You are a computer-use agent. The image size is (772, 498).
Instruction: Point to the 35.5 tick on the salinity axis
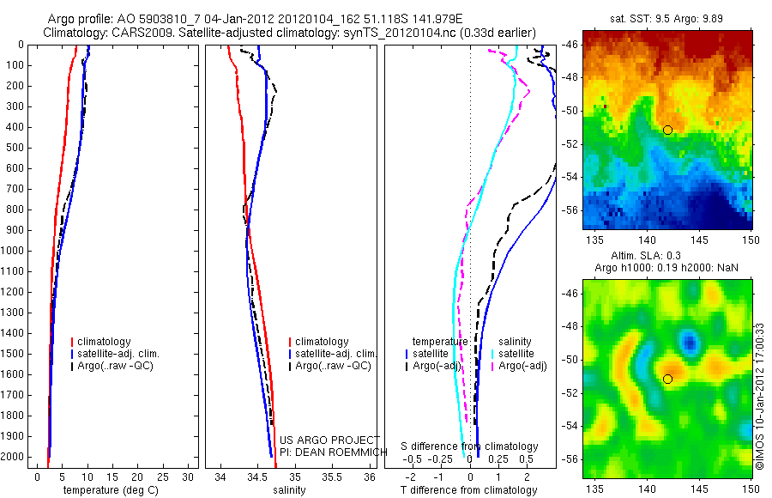tap(331, 477)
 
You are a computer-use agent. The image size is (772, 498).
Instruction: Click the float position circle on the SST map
tap(667, 130)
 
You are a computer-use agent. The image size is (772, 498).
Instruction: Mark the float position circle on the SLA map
tap(667, 379)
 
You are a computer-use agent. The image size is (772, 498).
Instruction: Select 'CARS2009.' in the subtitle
tap(134, 33)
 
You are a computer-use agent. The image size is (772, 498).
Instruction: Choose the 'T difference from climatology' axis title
tap(469, 490)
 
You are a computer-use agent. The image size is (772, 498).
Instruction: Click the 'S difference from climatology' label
tap(470, 446)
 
